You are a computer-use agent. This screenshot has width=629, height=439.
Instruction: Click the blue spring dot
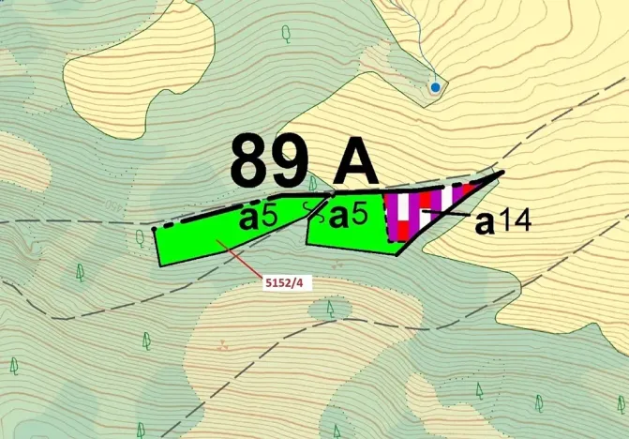click(435, 87)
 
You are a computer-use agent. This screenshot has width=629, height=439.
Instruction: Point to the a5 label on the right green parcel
click(355, 217)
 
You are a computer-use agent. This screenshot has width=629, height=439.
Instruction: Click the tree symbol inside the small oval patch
click(330, 307)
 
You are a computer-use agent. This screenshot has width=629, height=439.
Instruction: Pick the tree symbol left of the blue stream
click(286, 33)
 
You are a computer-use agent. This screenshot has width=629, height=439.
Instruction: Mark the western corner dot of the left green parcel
click(154, 228)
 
